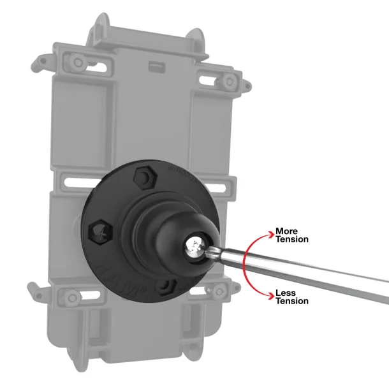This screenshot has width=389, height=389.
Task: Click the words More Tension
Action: click(291, 235)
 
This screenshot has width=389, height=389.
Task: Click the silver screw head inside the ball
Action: click(194, 247)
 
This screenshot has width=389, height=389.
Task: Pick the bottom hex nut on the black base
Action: click(166, 284)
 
